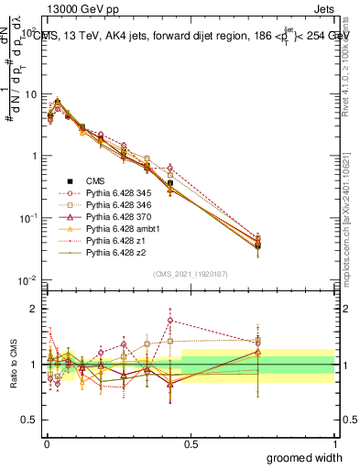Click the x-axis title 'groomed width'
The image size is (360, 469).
(304, 456)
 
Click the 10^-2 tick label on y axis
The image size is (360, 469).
(27, 280)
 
